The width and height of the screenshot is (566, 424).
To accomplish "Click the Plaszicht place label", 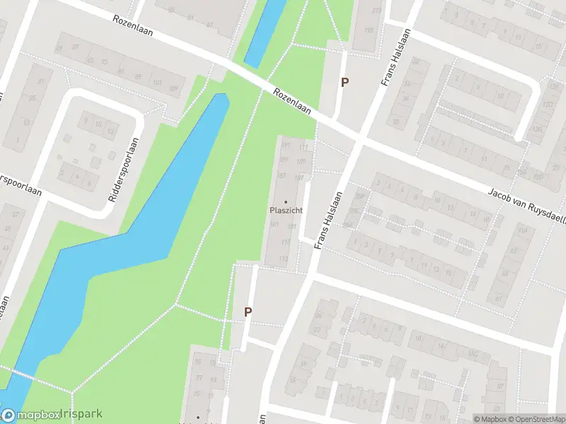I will (286, 210).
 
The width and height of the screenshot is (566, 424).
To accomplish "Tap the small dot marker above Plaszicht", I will (286, 201).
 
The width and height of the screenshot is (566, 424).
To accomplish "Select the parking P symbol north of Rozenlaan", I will (345, 82).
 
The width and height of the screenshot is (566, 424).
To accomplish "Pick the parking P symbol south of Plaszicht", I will (248, 311).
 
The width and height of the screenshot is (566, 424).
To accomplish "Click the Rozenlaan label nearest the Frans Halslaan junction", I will (292, 101).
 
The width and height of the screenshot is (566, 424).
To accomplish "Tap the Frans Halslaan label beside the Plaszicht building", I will (330, 220).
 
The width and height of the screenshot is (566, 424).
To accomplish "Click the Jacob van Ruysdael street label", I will (528, 204).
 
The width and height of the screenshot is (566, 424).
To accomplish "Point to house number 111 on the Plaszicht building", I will (304, 147).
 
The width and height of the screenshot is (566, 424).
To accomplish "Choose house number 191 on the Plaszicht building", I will (287, 146).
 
